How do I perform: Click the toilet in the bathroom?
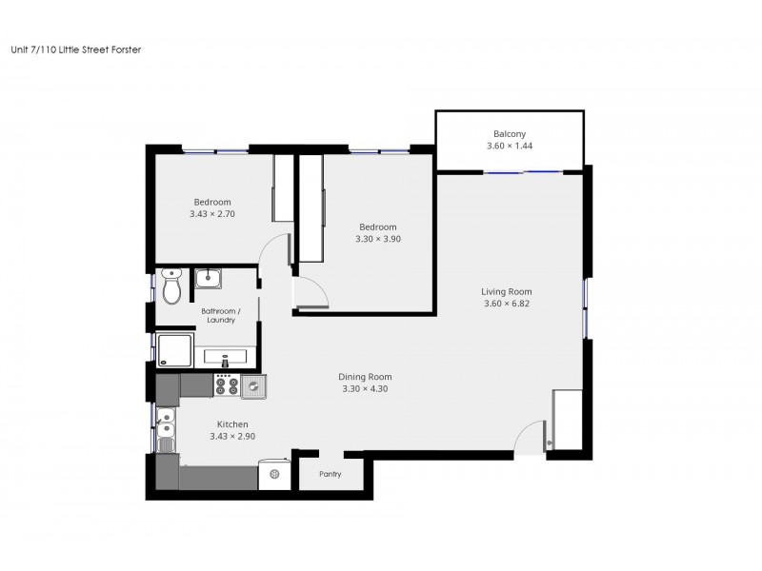pos(172,287)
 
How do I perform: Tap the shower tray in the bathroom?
pos(173,350)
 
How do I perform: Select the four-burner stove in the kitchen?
pos(227,384)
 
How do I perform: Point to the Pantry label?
pos(329,474)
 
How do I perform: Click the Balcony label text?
pos(509,134)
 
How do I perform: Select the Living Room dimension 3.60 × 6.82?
pos(506,305)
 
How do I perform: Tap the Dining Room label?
pos(365,376)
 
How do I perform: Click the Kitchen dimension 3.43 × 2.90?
pos(232,437)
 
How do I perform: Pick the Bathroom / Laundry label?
pos(227,316)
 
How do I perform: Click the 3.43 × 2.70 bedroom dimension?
pos(211,214)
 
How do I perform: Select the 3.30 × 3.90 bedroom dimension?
pos(377,239)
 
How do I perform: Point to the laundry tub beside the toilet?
pos(210,279)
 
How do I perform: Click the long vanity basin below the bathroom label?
pos(227,359)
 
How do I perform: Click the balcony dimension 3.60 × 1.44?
pos(509,147)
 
